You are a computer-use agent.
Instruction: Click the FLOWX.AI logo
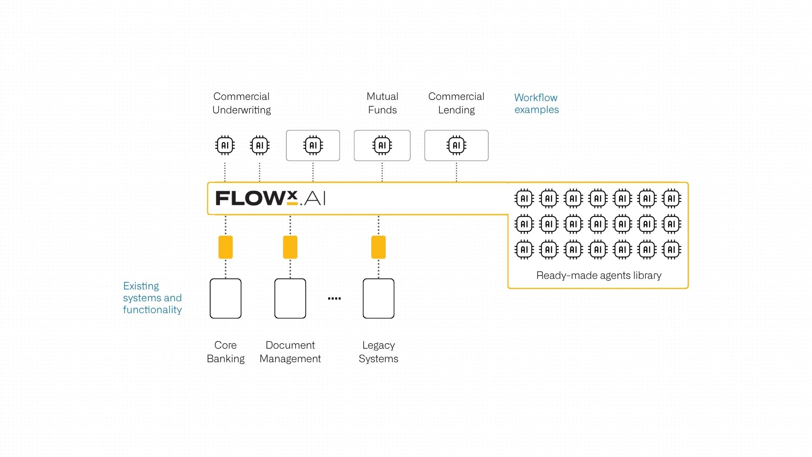point(271,198)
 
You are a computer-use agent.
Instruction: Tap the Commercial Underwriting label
point(241,103)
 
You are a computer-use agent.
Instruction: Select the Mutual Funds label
point(382,103)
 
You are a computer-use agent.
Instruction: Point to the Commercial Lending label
point(456,103)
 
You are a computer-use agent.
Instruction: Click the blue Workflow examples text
point(536,104)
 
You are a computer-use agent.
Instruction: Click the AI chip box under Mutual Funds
point(382,146)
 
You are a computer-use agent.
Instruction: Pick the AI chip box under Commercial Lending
point(456,146)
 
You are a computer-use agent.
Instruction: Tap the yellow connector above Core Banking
point(225,247)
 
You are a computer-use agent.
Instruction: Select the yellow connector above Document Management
point(290,247)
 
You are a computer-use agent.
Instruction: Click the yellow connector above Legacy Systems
point(379,247)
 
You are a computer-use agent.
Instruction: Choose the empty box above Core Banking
point(225,298)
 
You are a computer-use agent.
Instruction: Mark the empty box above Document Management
point(290,298)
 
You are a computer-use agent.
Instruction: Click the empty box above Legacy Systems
point(379,298)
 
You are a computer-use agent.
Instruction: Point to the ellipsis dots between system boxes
point(334,299)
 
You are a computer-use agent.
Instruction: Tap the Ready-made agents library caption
point(599,275)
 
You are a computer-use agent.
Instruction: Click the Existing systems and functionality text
point(152,298)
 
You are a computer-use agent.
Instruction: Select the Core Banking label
point(225,352)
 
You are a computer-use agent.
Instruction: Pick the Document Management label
point(290,352)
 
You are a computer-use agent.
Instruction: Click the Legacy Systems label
point(379,352)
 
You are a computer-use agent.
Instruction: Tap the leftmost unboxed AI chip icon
point(225,146)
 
